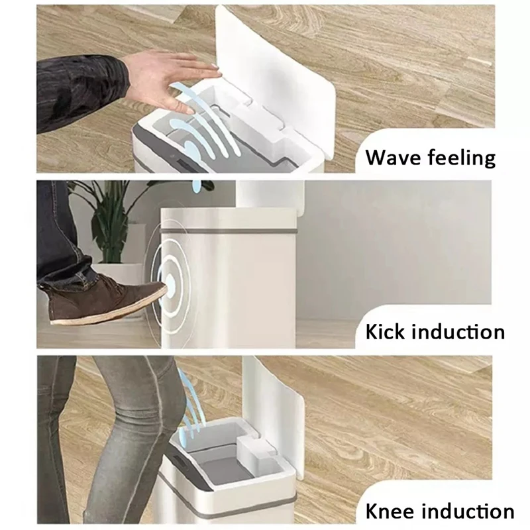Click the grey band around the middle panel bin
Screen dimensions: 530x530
232,231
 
